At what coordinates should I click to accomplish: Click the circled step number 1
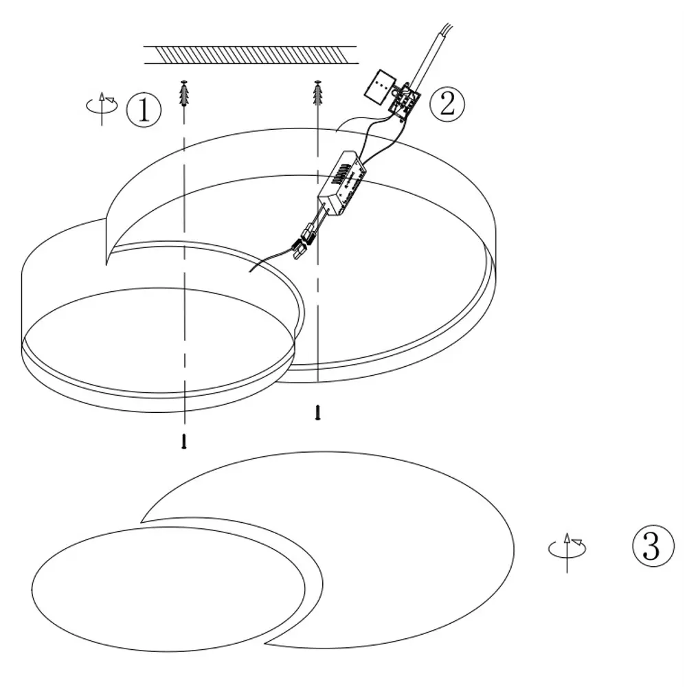click(144, 109)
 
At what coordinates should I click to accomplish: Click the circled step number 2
click(447, 104)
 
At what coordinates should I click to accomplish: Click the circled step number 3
click(653, 546)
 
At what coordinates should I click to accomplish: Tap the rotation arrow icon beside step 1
click(102, 108)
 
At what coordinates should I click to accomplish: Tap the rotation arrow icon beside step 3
click(567, 552)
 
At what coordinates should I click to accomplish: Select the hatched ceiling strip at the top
click(251, 55)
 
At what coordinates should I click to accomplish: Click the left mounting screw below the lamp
click(184, 441)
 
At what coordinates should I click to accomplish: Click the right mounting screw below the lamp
click(318, 413)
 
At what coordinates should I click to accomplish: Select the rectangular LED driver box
click(341, 184)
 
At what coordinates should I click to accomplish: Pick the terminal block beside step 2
click(405, 100)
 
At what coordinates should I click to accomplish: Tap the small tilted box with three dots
click(380, 86)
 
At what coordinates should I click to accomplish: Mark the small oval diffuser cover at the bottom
click(168, 589)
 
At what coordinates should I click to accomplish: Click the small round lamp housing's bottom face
click(158, 341)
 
